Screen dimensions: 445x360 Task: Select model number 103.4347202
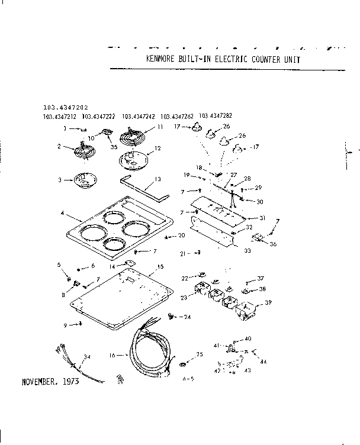point(65,108)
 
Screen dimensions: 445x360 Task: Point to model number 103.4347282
point(216,115)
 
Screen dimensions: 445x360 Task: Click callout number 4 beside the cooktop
point(62,212)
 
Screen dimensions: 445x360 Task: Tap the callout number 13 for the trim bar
point(157,179)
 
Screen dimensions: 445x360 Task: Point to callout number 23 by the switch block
point(184,298)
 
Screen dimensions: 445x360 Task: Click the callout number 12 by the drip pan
point(157,149)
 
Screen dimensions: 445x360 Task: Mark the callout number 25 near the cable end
point(200,354)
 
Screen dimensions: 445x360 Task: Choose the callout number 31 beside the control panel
point(262,218)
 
